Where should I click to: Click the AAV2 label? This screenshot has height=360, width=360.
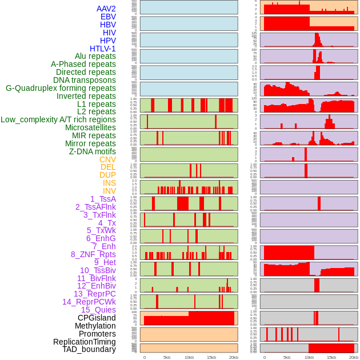106,9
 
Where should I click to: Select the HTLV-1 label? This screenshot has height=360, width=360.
102,49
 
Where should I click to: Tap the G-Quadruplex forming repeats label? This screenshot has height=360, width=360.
61,88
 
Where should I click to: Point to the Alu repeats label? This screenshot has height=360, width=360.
95,56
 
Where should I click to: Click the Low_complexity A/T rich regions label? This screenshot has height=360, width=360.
58,119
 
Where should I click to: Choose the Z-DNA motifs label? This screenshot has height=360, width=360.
93,151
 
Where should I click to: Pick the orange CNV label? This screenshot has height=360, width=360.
107,159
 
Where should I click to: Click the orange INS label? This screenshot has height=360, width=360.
109,183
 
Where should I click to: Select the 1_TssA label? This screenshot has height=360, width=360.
103,199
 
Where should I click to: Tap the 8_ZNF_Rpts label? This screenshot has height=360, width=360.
93,254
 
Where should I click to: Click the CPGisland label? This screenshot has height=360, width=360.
97,318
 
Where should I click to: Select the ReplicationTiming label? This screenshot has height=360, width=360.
85,342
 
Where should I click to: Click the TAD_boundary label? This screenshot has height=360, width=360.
89,349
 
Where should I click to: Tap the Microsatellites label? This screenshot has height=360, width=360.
90,127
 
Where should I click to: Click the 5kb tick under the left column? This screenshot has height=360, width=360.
167,357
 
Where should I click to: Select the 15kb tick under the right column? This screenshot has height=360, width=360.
331,357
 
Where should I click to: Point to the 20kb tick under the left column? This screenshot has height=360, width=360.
234,357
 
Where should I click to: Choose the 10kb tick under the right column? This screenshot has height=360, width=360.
309,357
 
